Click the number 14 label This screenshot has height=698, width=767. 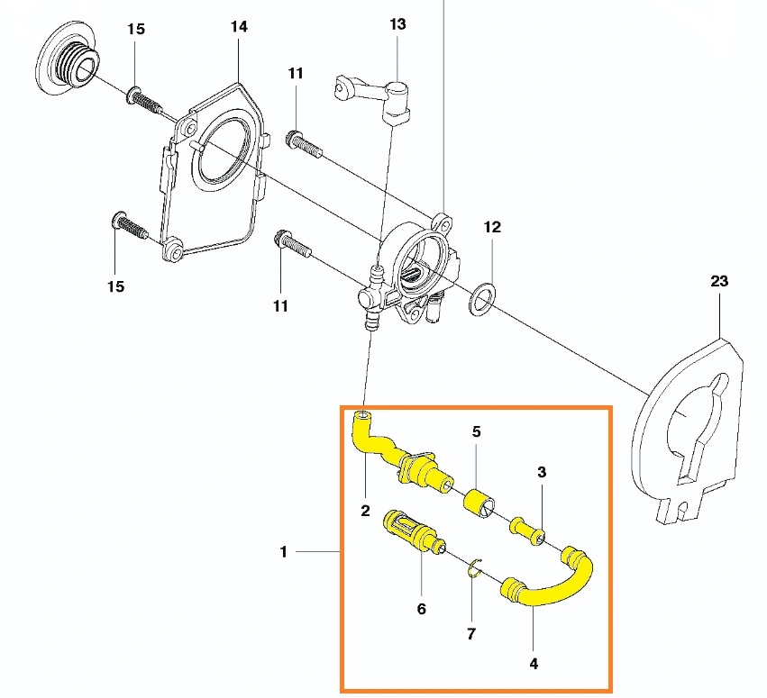[x=238, y=27]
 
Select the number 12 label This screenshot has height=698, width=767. [x=492, y=227]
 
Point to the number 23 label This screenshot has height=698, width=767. [x=718, y=281]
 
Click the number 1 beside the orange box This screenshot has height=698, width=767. [x=283, y=552]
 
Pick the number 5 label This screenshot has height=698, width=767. [x=477, y=431]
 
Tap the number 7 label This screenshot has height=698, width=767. [x=470, y=633]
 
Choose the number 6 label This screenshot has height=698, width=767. [x=421, y=609]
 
